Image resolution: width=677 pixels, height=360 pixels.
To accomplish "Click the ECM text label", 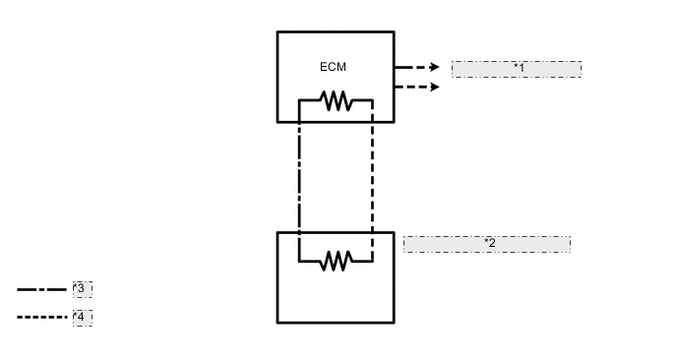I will [x=334, y=67].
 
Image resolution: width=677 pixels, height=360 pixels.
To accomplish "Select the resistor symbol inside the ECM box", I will [x=336, y=100].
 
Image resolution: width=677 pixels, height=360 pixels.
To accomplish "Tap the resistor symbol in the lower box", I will [x=336, y=261].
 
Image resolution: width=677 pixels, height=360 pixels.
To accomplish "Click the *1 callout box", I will [x=517, y=69].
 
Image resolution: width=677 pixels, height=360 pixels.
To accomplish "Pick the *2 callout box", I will [x=487, y=244].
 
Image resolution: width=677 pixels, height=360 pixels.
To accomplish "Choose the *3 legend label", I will [x=82, y=289].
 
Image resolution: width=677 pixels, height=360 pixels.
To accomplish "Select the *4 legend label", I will [x=82, y=318].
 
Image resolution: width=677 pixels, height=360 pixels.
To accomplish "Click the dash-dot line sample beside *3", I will [x=41, y=290].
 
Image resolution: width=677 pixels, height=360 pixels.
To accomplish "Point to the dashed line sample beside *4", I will [x=41, y=318].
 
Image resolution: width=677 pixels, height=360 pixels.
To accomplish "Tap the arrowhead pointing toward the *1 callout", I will [x=434, y=68].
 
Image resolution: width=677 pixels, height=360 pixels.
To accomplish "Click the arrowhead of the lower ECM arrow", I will [x=434, y=88].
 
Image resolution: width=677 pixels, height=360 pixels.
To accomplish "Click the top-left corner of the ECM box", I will [x=277, y=32].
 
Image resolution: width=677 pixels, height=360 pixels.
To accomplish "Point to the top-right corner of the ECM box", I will [x=394, y=32].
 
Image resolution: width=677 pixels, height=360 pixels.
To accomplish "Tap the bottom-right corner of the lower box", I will [x=394, y=322].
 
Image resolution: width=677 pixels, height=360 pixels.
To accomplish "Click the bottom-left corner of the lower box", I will [x=277, y=322].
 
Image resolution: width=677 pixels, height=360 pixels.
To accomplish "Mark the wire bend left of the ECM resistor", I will [x=299, y=100].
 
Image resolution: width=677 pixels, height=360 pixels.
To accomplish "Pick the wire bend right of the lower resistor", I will [x=373, y=262].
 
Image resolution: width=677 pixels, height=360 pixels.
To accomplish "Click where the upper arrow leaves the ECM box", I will [x=395, y=68].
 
